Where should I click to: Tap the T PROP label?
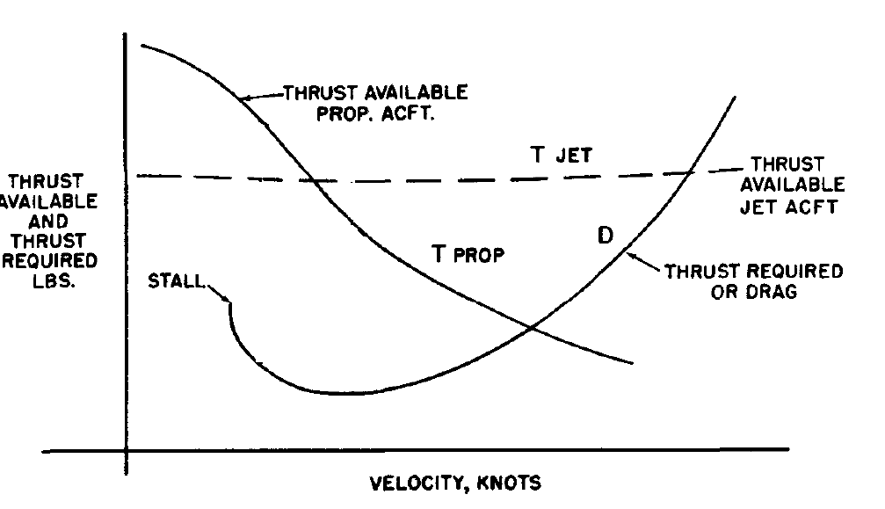click(x=468, y=254)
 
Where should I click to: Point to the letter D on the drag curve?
click(x=606, y=235)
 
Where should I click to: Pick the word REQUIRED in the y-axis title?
click(x=49, y=261)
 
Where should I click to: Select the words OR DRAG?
click(x=753, y=291)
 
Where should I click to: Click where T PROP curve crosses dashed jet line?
click(x=314, y=180)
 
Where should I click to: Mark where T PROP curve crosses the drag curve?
click(x=532, y=328)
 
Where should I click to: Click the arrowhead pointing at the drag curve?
click(x=630, y=252)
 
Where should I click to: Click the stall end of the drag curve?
click(x=230, y=302)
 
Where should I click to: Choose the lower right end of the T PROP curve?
click(x=632, y=362)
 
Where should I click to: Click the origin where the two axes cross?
click(x=127, y=452)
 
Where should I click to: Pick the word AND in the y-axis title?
click(x=48, y=222)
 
